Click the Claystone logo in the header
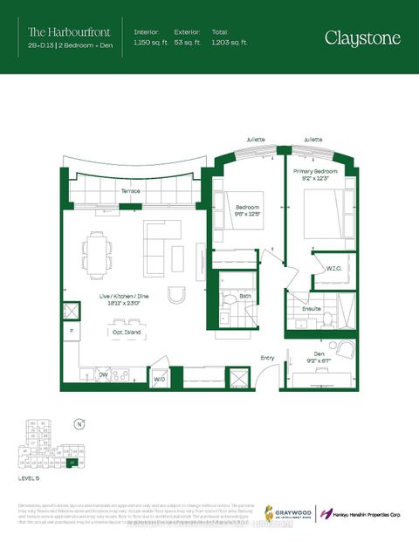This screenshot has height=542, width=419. coord(364,38)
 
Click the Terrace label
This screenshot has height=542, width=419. coord(131,190)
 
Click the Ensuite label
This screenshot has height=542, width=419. coord(313,309)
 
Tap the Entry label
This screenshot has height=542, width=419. coord(267,357)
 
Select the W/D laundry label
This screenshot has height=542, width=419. coord(160,380)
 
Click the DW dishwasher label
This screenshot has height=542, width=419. coord(103,376)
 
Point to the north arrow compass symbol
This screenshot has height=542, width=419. coord(79,425)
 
